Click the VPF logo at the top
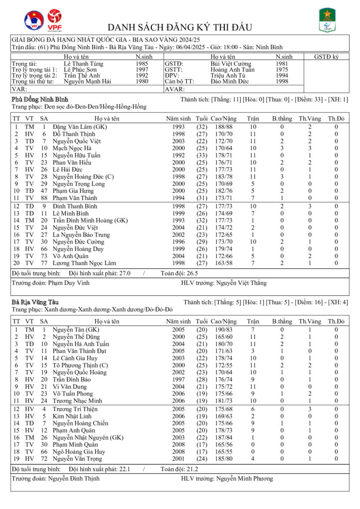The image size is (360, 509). [54, 19]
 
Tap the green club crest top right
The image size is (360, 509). [327, 20]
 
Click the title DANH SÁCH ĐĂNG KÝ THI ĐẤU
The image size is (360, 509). [180, 27]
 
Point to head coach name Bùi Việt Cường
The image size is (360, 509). [231, 64]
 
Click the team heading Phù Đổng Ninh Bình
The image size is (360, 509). [40, 100]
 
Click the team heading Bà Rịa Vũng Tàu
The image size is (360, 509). [35, 302]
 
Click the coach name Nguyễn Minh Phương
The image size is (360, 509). [244, 479]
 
